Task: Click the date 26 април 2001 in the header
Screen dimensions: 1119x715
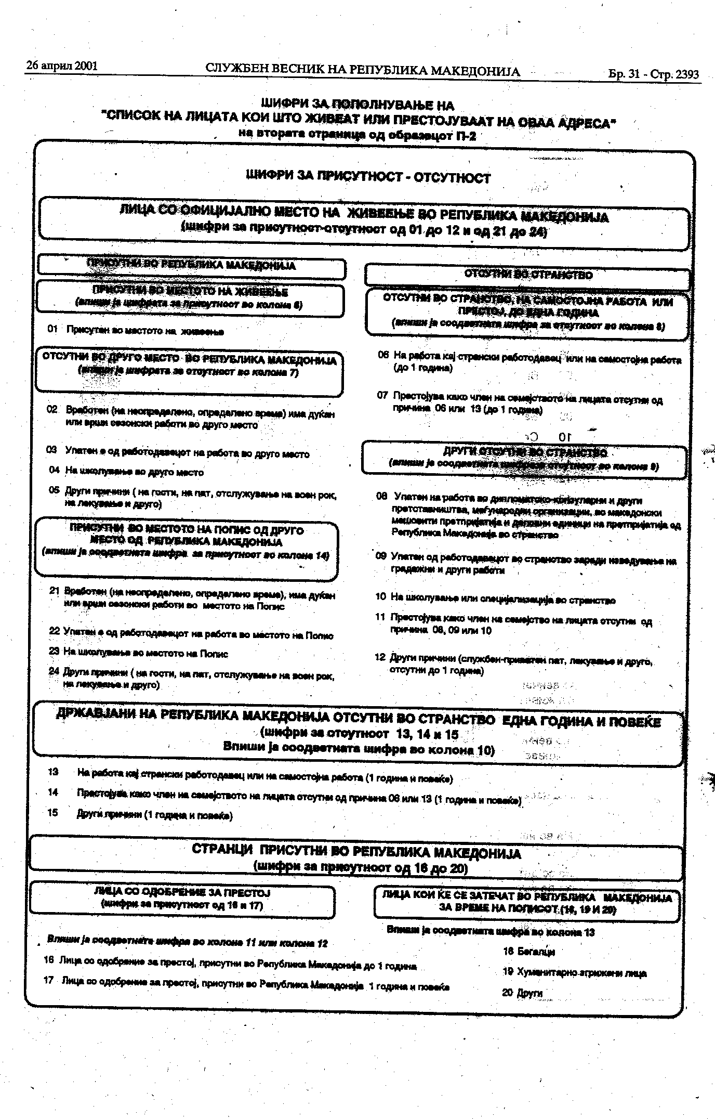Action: pyautogui.click(x=61, y=66)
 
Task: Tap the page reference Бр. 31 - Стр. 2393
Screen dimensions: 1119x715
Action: pyautogui.click(x=653, y=74)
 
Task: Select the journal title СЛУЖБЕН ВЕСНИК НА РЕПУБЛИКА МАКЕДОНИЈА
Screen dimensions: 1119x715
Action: pyautogui.click(x=362, y=70)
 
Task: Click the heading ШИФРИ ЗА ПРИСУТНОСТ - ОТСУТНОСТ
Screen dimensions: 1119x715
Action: pyautogui.click(x=368, y=177)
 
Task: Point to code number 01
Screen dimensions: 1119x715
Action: pyautogui.click(x=52, y=329)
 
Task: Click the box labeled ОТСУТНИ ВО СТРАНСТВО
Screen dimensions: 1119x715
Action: pyautogui.click(x=527, y=275)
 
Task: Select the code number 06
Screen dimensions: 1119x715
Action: pyautogui.click(x=383, y=355)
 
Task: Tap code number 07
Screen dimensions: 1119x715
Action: pyautogui.click(x=382, y=395)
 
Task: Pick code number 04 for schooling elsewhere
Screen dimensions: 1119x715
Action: pyautogui.click(x=55, y=470)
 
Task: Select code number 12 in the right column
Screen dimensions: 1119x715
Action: pyautogui.click(x=380, y=657)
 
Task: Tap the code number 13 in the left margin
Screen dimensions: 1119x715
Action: pyautogui.click(x=53, y=772)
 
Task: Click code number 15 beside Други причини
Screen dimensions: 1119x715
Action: pyautogui.click(x=52, y=813)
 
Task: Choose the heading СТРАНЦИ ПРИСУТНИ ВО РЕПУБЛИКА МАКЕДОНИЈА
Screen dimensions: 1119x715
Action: pyautogui.click(x=356, y=852)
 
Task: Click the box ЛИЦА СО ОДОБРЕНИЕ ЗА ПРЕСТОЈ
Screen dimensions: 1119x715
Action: pyautogui.click(x=182, y=899)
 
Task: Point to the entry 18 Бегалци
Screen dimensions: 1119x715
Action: pyautogui.click(x=528, y=952)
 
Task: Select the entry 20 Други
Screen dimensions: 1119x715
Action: pyautogui.click(x=522, y=992)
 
